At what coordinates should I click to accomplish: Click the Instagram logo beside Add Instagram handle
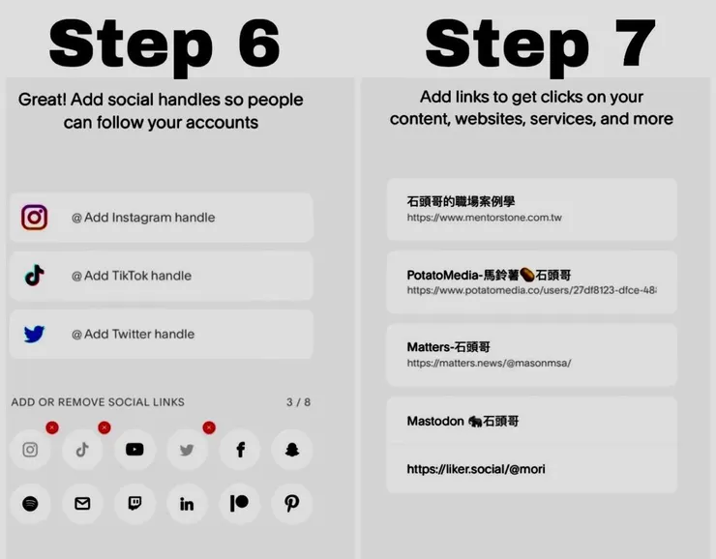35,218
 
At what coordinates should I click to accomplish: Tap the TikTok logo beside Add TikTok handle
35,276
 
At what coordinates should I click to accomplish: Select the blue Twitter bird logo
35,335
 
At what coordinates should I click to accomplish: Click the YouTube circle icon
134,450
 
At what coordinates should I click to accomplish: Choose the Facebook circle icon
240,450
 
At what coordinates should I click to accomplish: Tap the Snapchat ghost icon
292,450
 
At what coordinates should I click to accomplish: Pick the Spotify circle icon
30,504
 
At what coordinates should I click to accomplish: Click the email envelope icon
82,504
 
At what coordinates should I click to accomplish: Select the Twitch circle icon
134,504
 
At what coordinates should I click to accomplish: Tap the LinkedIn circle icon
187,504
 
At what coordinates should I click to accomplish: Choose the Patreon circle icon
240,504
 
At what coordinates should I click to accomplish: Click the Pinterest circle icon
292,504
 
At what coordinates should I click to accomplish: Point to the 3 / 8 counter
298,402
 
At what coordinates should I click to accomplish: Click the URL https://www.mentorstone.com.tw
484,219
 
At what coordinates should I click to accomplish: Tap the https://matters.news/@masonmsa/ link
489,364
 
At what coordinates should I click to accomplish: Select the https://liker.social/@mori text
476,469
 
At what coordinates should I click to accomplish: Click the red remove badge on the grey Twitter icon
209,427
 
